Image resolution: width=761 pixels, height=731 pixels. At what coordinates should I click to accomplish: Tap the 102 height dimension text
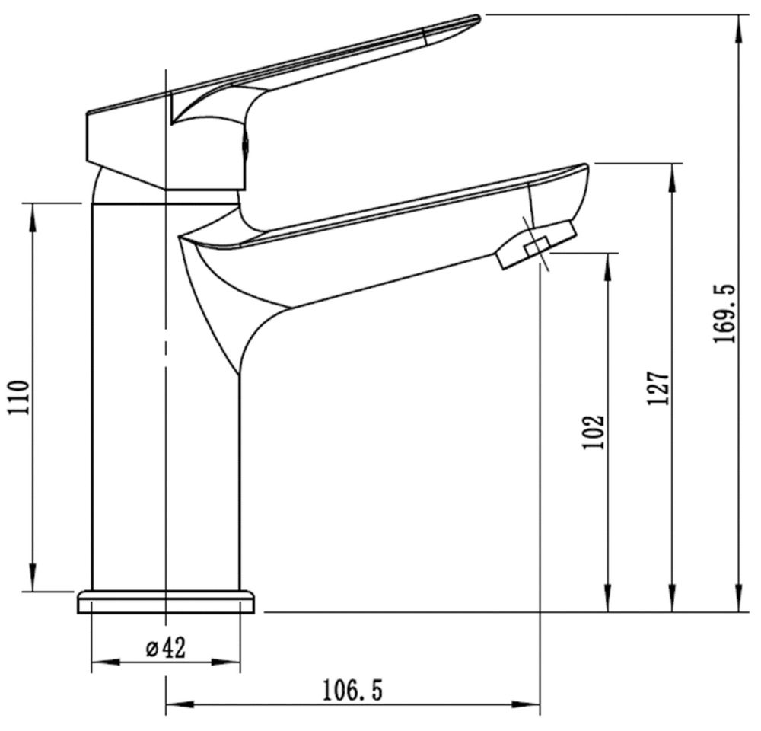point(596,431)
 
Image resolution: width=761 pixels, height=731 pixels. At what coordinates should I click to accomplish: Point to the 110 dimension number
point(21,397)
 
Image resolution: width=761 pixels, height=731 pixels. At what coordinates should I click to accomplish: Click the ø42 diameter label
point(165,648)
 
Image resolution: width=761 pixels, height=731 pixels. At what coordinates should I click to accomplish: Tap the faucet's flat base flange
point(165,602)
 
